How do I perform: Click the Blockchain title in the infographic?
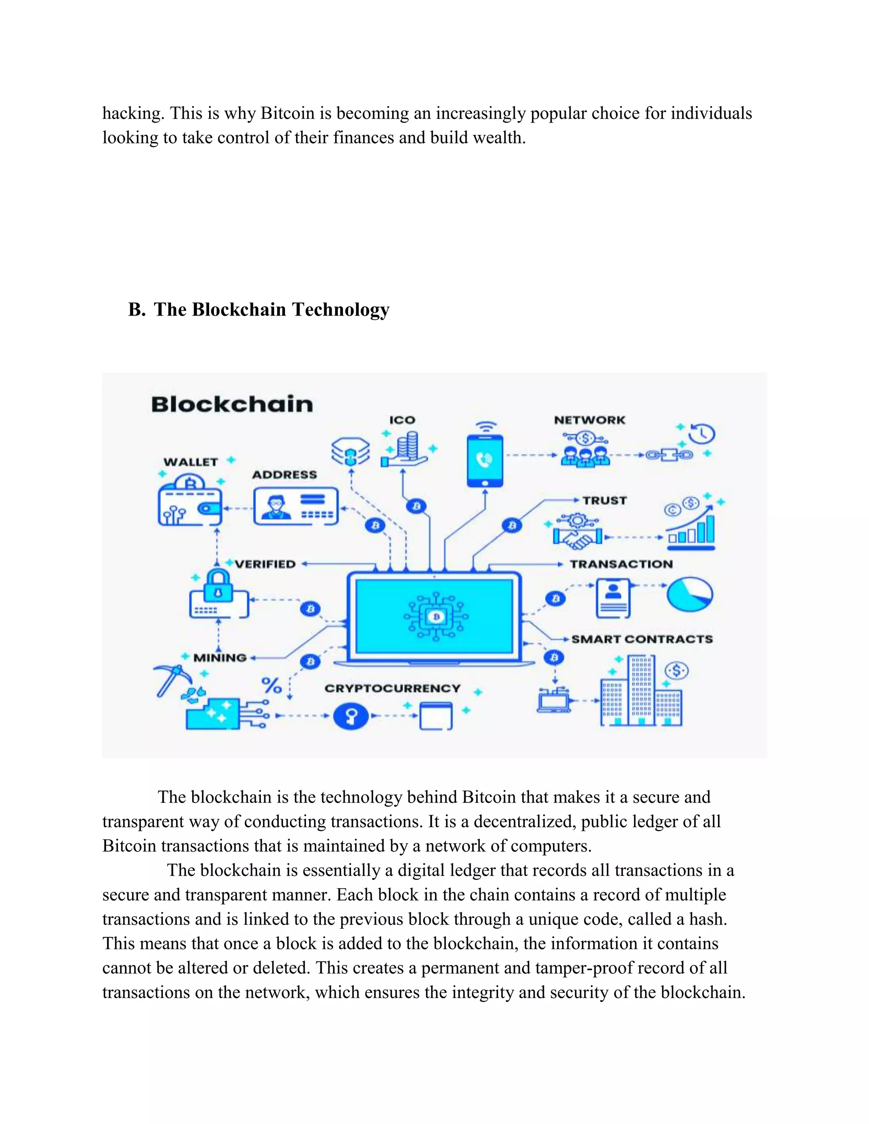tap(232, 405)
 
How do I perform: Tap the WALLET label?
tap(191, 462)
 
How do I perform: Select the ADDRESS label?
tap(284, 475)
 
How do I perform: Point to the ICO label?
tap(402, 420)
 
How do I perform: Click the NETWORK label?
tap(589, 420)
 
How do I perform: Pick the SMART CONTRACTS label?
tap(642, 639)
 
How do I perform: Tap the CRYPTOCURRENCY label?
tap(392, 688)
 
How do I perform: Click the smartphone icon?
tap(485, 461)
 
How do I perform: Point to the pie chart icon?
tap(690, 594)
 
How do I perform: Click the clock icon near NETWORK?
tap(702, 434)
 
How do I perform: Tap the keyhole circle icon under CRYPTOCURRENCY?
tap(351, 716)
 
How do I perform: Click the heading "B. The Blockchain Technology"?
tap(258, 309)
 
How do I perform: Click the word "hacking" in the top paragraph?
tap(133, 113)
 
